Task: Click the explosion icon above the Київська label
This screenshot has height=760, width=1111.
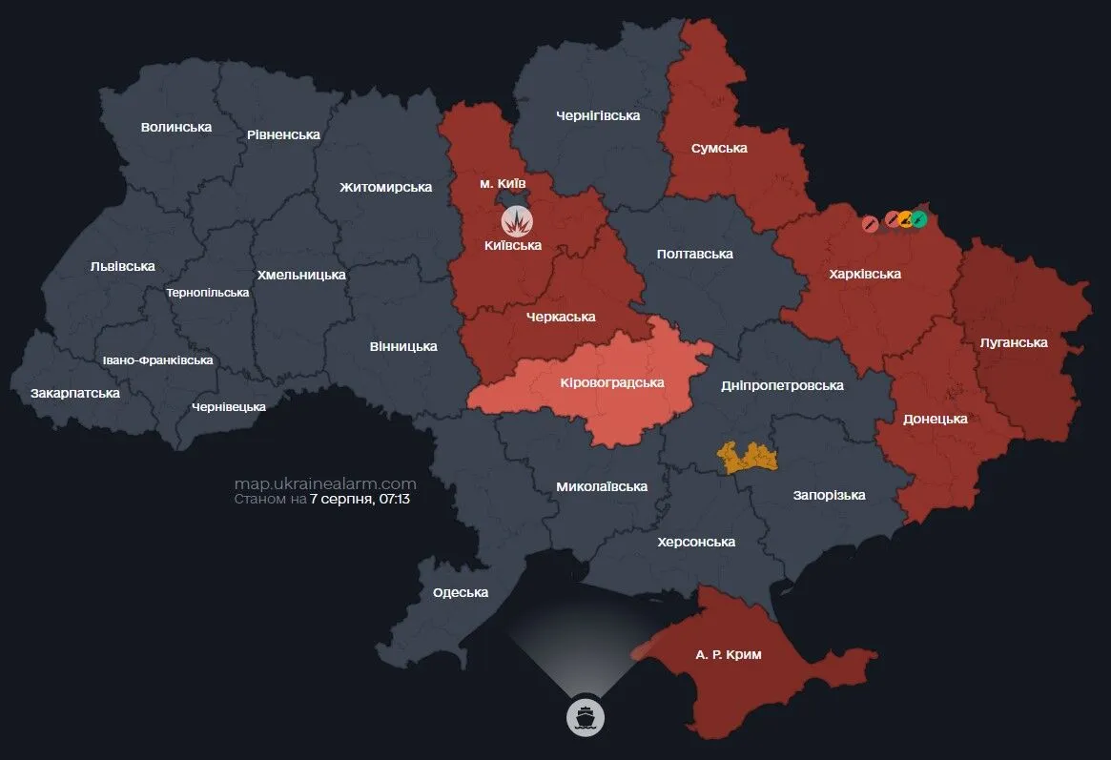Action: click(517, 221)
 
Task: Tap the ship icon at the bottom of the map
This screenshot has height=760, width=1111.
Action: click(586, 716)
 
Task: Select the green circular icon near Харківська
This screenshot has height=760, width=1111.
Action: click(918, 219)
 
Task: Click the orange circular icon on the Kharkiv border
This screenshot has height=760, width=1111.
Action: click(905, 219)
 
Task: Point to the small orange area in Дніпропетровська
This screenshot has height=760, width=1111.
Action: click(748, 458)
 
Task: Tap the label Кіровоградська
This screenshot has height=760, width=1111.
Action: click(611, 382)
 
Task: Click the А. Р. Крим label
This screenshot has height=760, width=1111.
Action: click(729, 655)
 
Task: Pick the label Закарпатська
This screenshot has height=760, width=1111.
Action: click(75, 393)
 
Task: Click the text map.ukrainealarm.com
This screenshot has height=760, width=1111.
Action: click(325, 483)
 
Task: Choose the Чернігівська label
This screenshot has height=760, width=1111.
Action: click(597, 115)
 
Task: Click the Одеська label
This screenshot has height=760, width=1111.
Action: click(460, 592)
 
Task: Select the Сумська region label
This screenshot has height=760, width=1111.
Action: click(719, 148)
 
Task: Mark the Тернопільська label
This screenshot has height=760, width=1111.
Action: click(207, 293)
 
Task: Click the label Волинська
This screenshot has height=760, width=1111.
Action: click(175, 127)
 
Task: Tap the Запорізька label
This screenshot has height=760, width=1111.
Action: click(829, 495)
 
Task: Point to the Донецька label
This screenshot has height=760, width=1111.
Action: click(935, 419)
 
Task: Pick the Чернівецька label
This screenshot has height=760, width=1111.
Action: click(229, 406)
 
